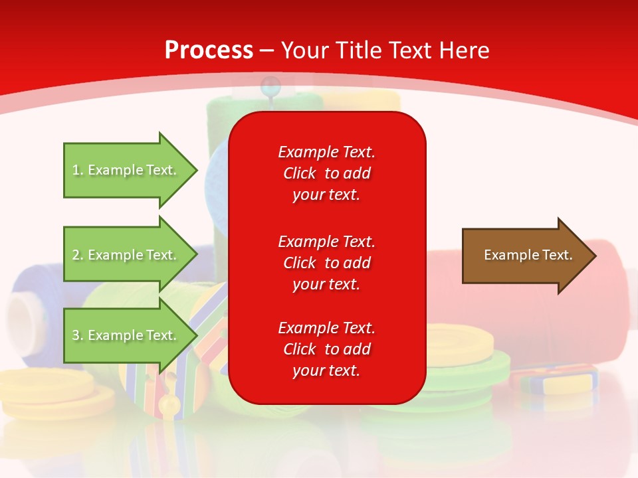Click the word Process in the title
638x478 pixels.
pos(209,50)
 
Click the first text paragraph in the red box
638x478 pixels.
pos(326,173)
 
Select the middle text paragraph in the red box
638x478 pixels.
pos(326,263)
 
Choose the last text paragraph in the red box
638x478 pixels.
pos(326,349)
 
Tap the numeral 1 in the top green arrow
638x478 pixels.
pos(76,171)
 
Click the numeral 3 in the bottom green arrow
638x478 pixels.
pos(76,336)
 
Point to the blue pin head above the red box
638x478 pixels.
pos(270,84)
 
